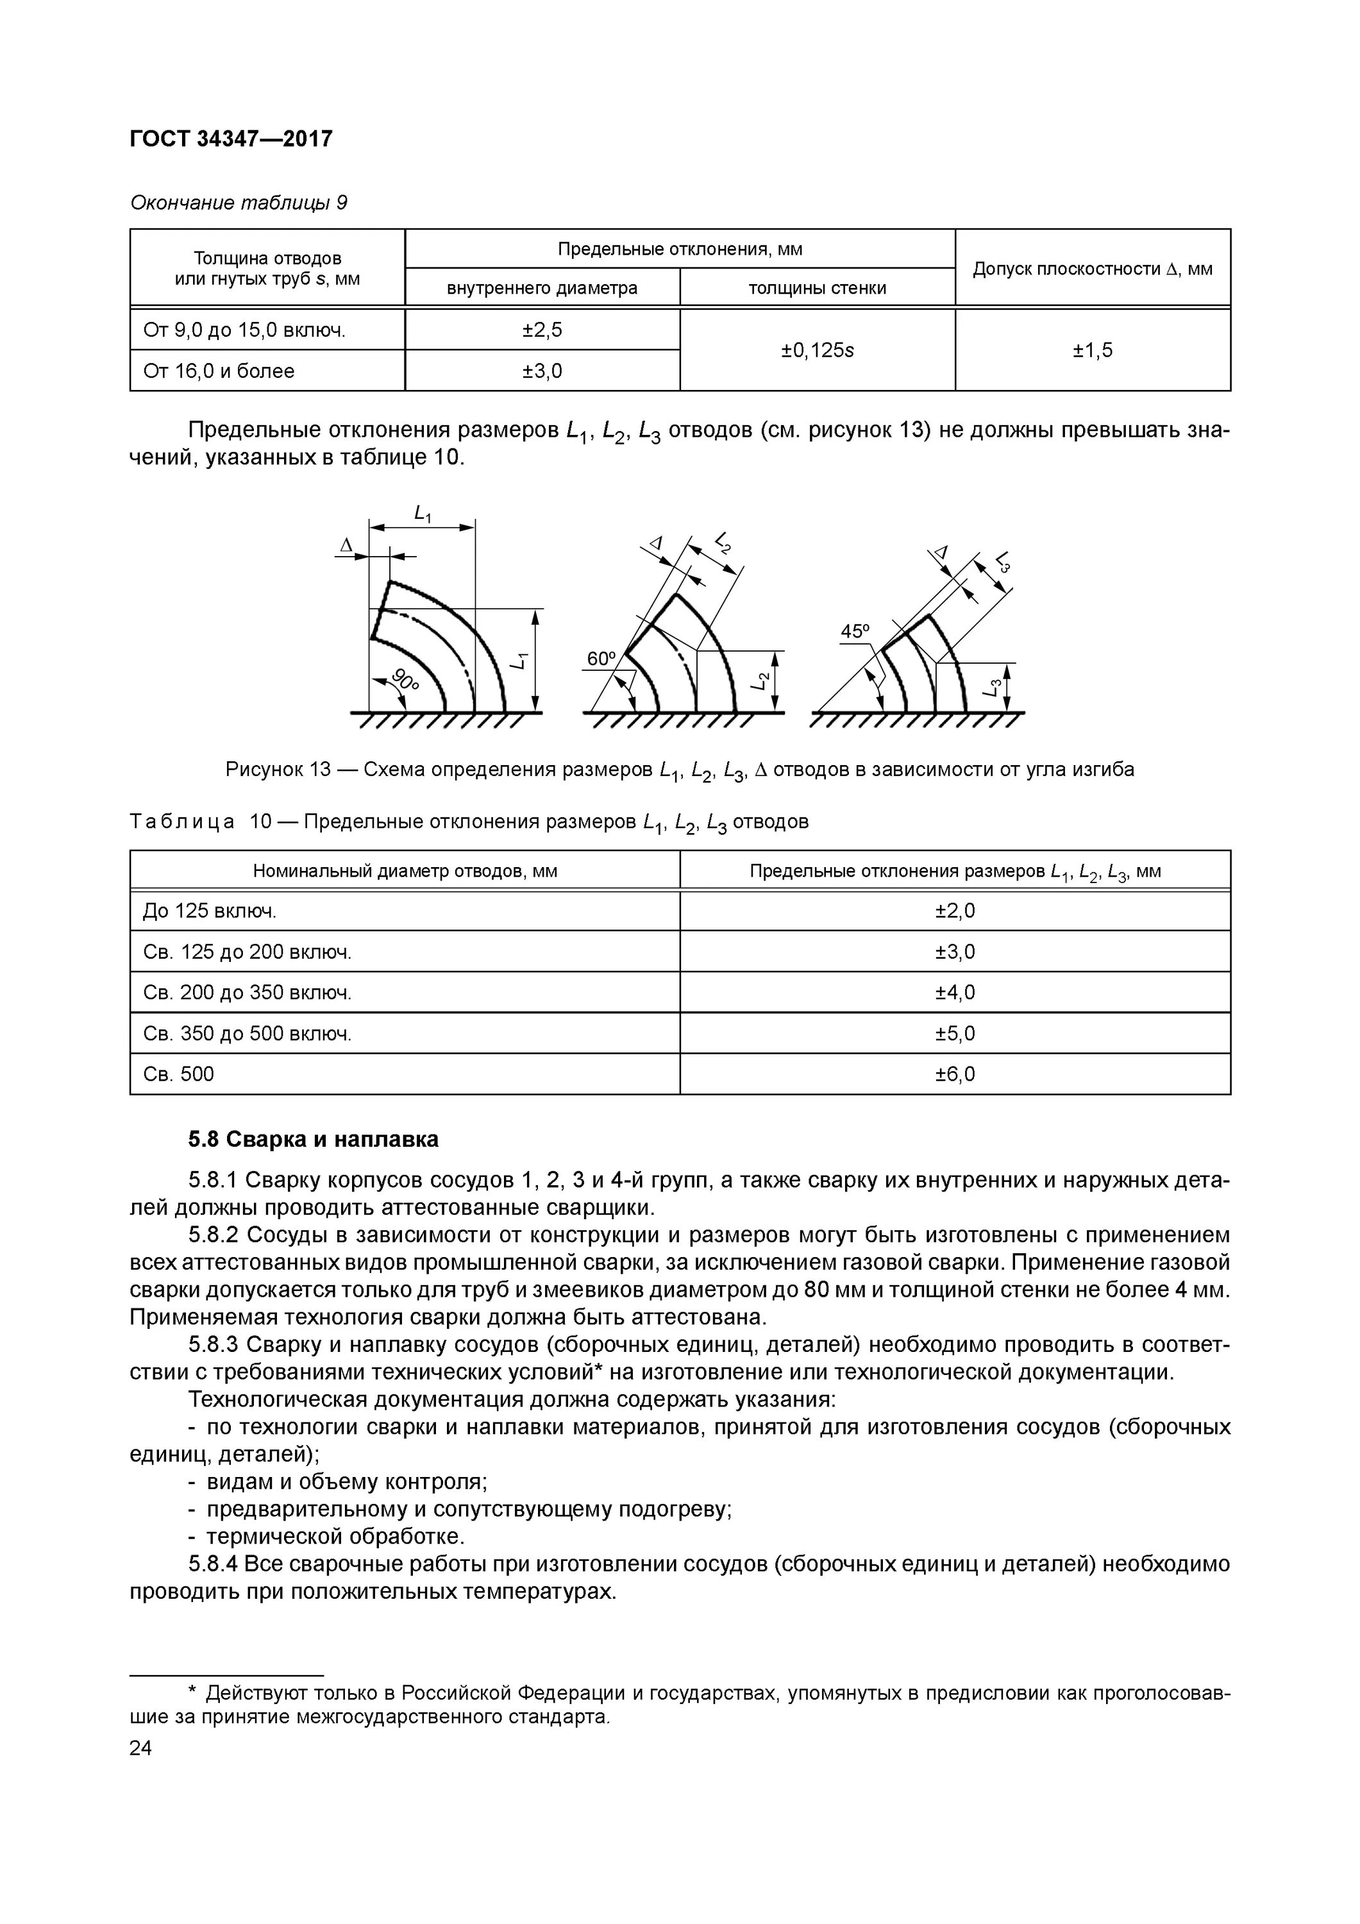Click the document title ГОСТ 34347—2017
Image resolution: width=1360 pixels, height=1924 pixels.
click(231, 139)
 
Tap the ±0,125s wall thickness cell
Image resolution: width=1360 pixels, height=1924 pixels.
click(817, 350)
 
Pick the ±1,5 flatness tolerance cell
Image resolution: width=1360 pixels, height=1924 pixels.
click(1092, 350)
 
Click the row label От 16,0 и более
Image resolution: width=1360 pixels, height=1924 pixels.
click(219, 371)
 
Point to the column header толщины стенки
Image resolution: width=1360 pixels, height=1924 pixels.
click(817, 288)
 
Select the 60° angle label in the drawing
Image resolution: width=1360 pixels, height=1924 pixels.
click(601, 659)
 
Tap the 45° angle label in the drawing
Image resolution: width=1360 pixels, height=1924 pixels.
click(855, 632)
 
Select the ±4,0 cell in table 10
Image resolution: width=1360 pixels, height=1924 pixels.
click(954, 992)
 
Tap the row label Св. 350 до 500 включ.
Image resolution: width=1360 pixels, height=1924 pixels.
click(248, 1033)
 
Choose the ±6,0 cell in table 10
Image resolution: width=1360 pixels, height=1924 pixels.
click(954, 1074)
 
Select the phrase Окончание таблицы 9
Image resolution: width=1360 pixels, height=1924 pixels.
click(238, 203)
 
